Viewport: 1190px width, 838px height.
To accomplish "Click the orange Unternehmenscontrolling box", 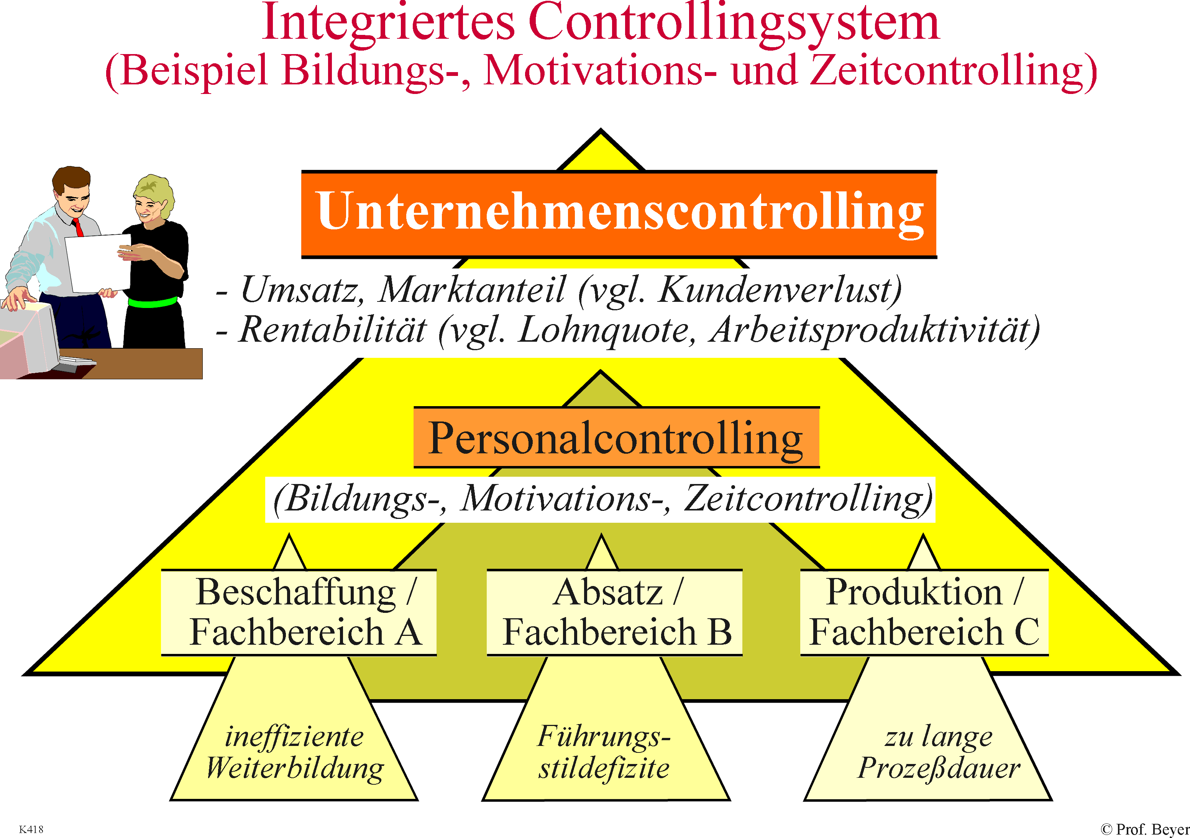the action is tap(619, 214).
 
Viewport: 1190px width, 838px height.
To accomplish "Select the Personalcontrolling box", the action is tap(616, 438).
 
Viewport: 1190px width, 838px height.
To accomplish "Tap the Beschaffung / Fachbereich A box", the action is tap(299, 612).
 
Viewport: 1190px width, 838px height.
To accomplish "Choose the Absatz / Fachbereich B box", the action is tap(615, 612).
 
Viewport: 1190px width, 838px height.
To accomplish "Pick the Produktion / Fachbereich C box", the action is tap(925, 612).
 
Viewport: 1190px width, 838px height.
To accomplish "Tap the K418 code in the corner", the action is tap(31, 829).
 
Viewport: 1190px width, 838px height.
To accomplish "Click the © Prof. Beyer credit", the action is tap(1144, 829).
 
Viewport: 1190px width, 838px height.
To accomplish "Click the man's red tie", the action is tap(78, 227).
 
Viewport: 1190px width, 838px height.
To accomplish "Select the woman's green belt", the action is tap(153, 302).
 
